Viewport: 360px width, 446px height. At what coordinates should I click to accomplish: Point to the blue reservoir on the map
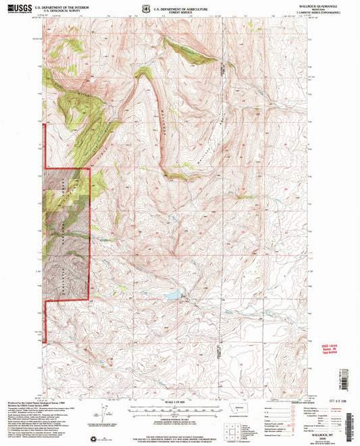[174, 295]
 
